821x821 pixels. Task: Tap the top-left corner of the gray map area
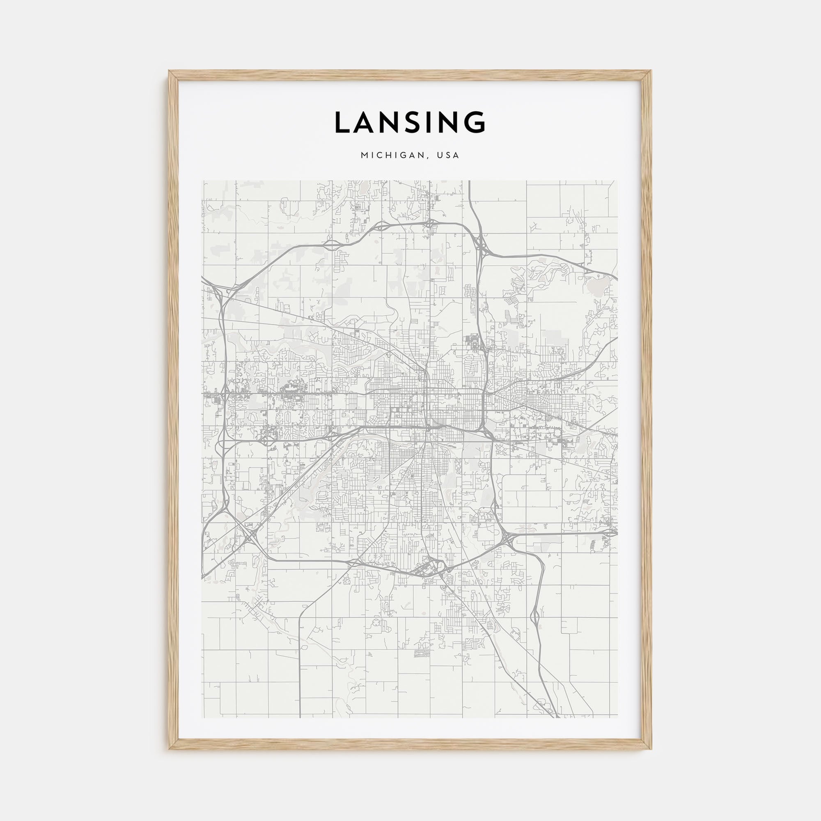pyautogui.click(x=203, y=181)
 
